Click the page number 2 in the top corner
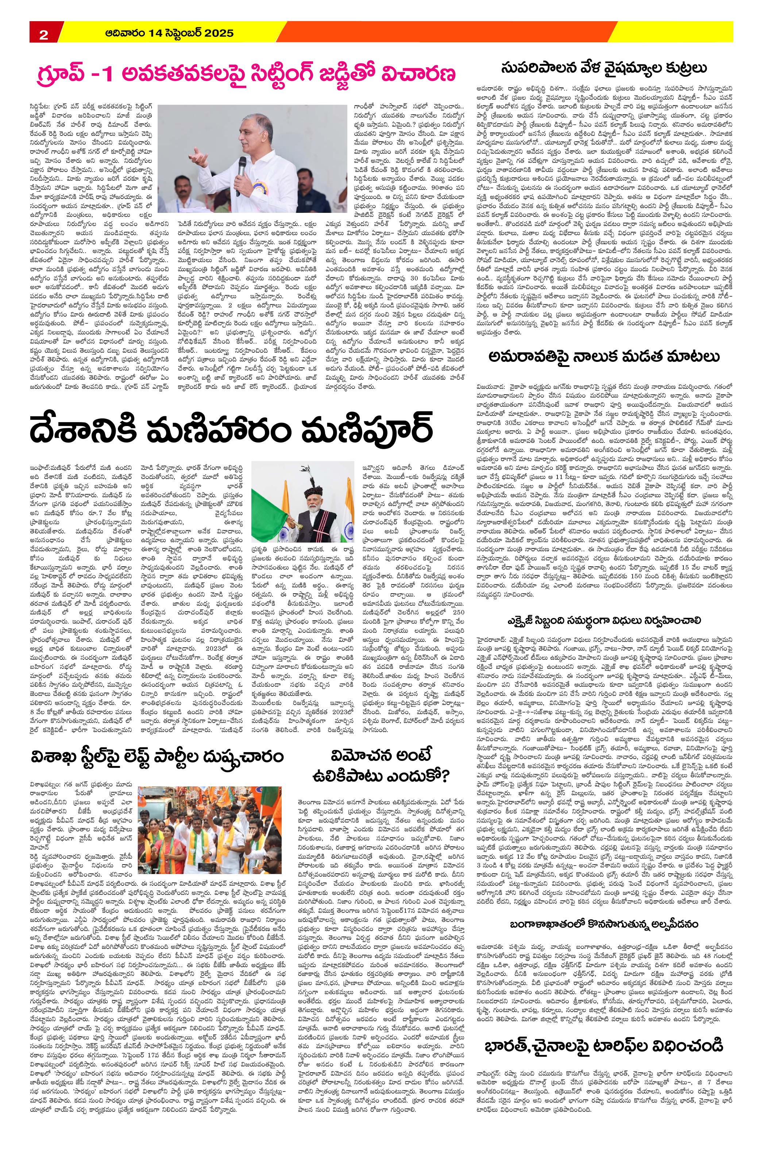pyautogui.click(x=43, y=34)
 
